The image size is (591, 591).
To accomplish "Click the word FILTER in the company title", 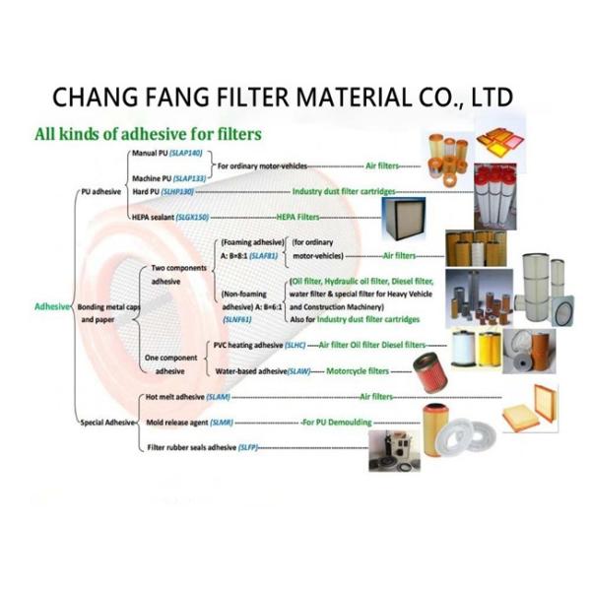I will tap(244, 98).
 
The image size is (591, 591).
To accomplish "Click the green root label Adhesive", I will tap(51, 306).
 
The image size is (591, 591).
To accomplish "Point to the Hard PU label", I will tap(148, 190).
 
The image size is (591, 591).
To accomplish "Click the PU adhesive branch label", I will tap(98, 190).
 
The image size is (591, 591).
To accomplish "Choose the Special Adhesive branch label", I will tap(104, 423).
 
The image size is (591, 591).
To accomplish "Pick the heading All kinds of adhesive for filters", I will tap(148, 132).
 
